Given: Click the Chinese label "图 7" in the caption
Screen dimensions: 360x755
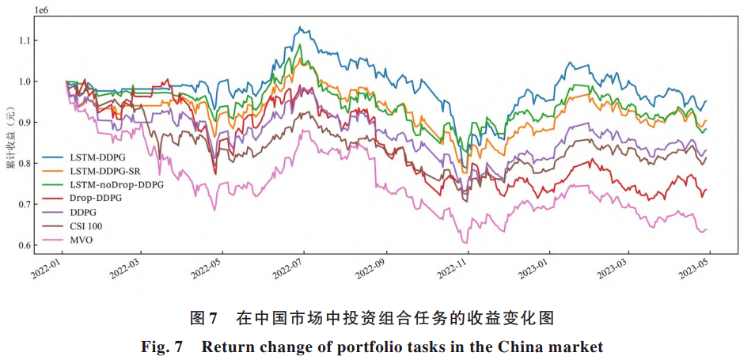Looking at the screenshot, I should pos(204,319).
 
